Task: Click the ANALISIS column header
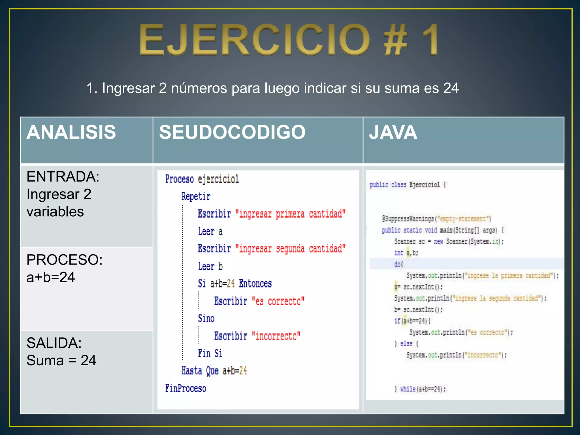[x=71, y=132]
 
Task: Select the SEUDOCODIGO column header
[x=232, y=132]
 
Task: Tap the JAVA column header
[x=393, y=132]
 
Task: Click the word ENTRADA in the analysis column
[x=63, y=177]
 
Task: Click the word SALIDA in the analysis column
[x=54, y=343]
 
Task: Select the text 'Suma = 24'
[x=61, y=361]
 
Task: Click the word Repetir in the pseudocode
[x=196, y=196]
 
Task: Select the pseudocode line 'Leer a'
[x=210, y=231]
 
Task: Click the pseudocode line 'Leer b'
[x=210, y=266]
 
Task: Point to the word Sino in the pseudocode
[x=206, y=319]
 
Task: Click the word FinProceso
[x=185, y=388]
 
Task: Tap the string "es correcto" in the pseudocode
[x=278, y=301]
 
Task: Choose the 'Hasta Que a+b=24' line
[x=214, y=371]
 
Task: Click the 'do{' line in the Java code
[x=398, y=264]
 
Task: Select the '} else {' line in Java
[x=406, y=344]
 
